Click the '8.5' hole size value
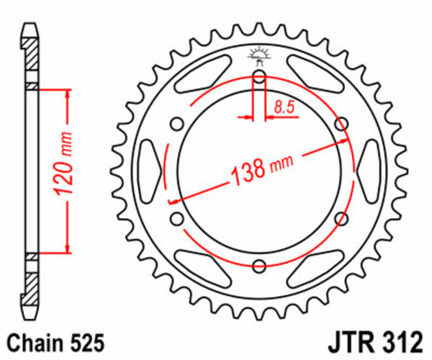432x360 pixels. tap(283, 109)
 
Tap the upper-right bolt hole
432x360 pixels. tap(343, 122)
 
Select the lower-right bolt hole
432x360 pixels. tap(343, 217)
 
